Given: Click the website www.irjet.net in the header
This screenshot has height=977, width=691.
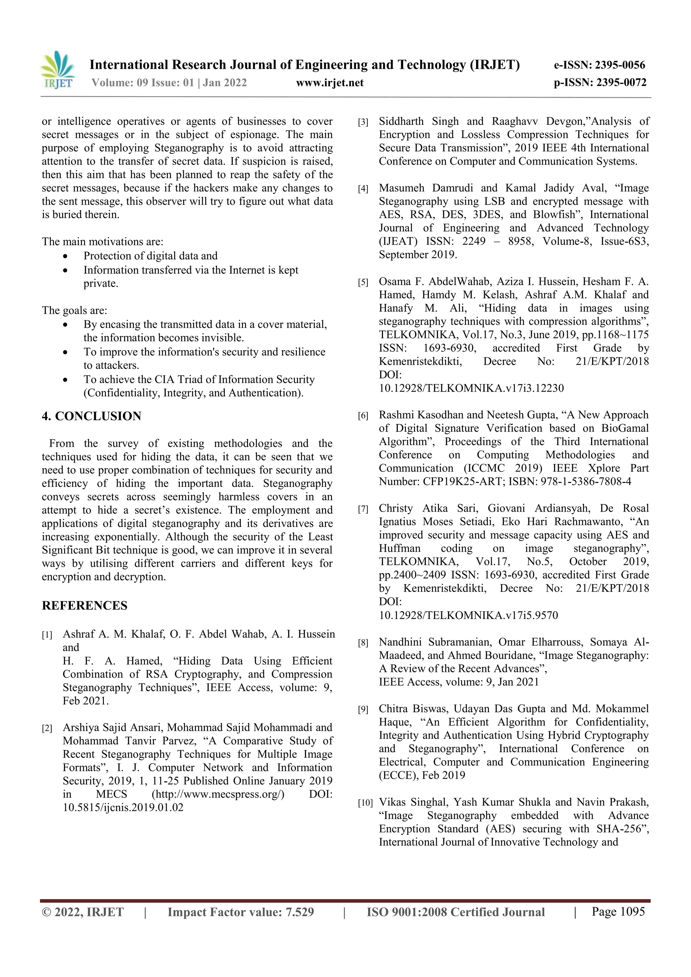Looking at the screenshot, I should pyautogui.click(x=330, y=83).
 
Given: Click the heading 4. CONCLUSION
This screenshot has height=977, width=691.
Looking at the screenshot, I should pyautogui.click(x=91, y=416).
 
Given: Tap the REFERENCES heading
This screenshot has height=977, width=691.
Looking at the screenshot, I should pyautogui.click(x=84, y=605).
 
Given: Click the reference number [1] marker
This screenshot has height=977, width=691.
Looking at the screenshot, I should pyautogui.click(x=47, y=635).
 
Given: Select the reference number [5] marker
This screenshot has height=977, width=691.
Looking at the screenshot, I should pyautogui.click(x=363, y=283).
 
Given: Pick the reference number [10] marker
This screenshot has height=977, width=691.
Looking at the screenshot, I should pyautogui.click(x=365, y=803).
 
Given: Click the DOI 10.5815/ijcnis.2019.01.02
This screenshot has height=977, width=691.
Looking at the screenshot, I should pyautogui.click(x=123, y=808).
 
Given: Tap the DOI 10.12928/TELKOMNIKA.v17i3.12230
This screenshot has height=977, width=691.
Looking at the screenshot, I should pyautogui.click(x=471, y=388).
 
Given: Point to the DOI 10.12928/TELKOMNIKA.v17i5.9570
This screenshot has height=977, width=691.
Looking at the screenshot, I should pyautogui.click(x=468, y=615).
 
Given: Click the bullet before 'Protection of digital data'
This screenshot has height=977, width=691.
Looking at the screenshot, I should pyautogui.click(x=65, y=257).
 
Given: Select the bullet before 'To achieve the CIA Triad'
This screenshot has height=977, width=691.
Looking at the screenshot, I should pyautogui.click(x=65, y=380).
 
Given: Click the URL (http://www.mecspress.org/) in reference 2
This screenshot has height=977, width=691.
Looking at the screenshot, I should pyautogui.click(x=218, y=795).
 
